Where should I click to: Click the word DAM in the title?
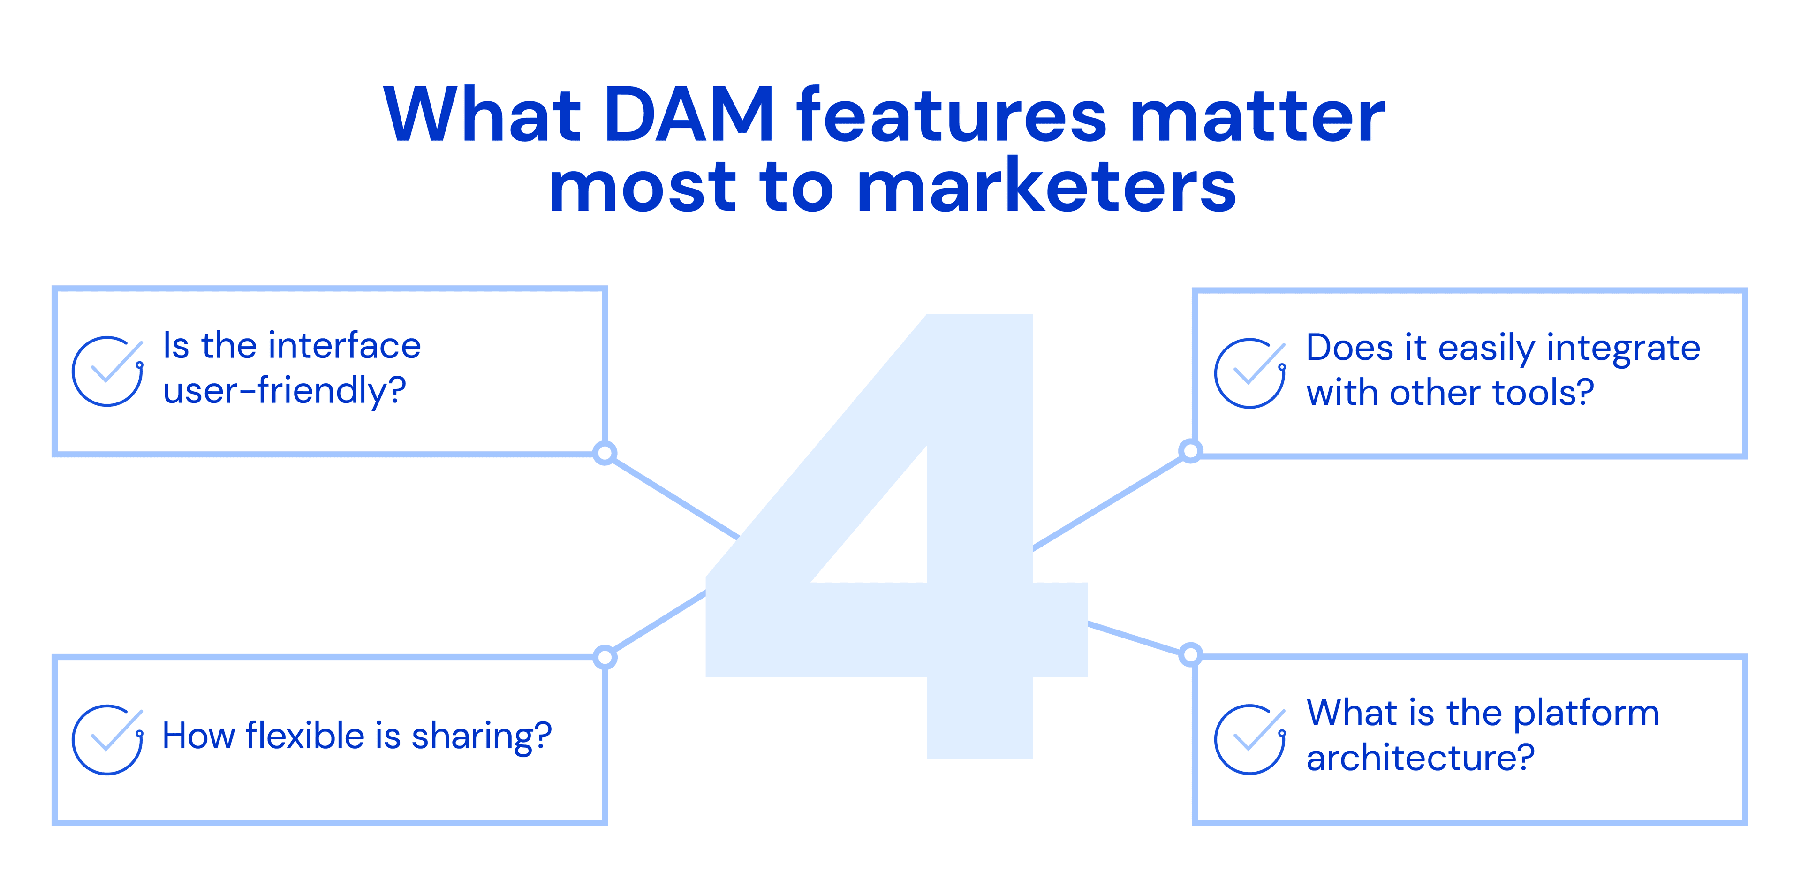coord(689,115)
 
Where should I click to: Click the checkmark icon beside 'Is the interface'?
coord(108,371)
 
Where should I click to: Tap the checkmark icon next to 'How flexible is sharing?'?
coord(108,739)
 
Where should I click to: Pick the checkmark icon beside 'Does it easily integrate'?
coord(1249,373)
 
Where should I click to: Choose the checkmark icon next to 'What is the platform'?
coord(1249,739)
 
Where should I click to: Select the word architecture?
coord(1420,758)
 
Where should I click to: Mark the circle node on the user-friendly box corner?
coord(605,453)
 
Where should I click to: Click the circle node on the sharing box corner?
coord(605,657)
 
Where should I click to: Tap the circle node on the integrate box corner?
coord(1190,450)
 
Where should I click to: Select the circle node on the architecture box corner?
coord(1190,655)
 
